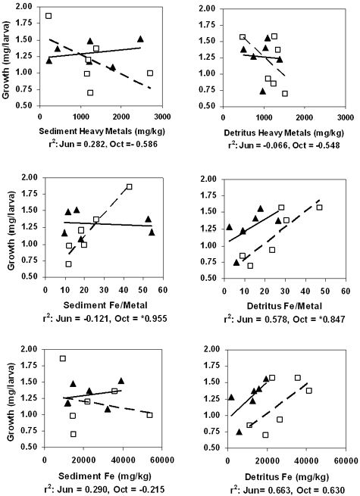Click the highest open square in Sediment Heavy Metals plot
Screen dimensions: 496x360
click(49, 16)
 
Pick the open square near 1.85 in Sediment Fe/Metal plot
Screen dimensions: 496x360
click(130, 186)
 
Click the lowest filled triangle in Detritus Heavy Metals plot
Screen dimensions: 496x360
click(263, 91)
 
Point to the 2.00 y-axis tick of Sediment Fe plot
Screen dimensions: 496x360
click(30, 349)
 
